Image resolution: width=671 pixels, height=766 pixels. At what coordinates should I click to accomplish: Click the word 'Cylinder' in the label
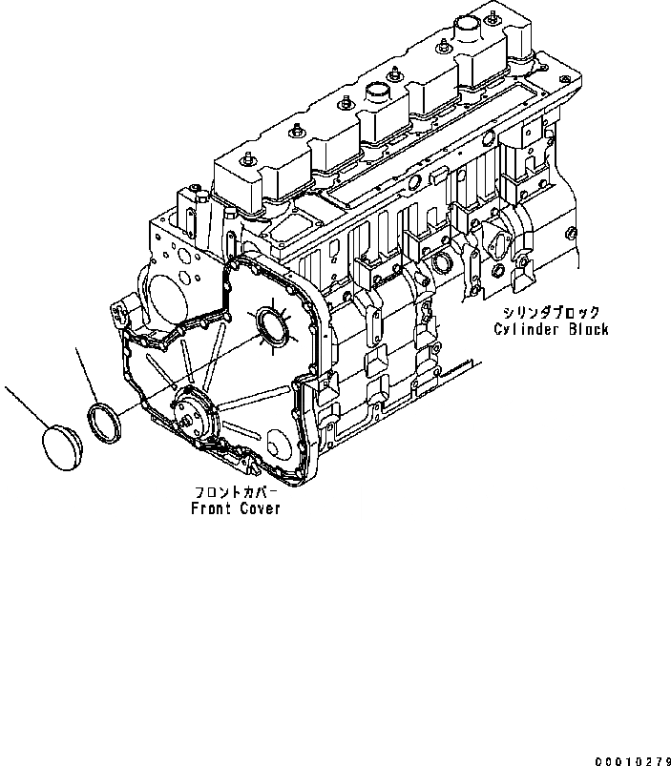(x=527, y=329)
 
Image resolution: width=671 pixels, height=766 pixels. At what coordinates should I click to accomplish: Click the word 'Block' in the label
(x=586, y=329)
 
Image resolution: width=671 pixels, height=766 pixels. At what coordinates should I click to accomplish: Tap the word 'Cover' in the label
(x=261, y=508)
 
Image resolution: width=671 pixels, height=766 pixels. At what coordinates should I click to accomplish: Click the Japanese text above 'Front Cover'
(x=236, y=492)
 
